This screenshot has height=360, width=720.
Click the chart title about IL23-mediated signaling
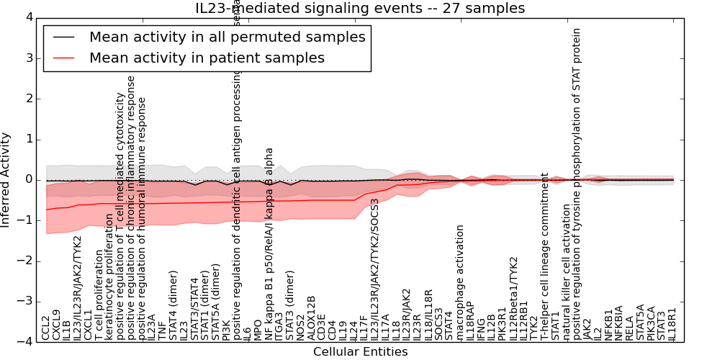360,9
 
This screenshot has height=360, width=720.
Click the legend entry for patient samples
207,58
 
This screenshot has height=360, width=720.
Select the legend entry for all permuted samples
227,37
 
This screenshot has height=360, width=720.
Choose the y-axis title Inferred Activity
6,179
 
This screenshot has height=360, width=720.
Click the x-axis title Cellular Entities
360,351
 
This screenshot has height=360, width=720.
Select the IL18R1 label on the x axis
672,324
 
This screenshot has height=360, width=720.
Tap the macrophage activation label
460,282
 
